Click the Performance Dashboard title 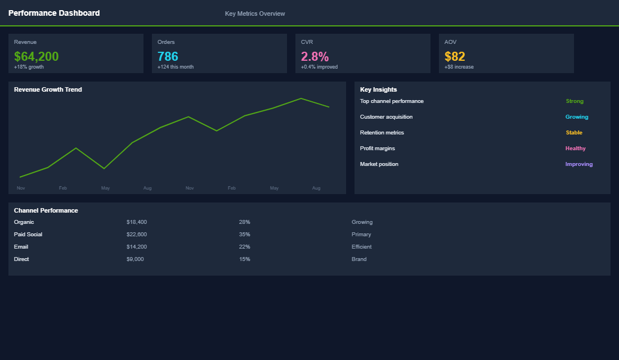tap(54, 13)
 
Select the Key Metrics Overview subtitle tap(255, 13)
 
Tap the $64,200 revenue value tap(36, 56)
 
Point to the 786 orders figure tap(168, 56)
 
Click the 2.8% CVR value tap(315, 56)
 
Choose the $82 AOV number tap(455, 56)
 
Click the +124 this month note tap(176, 67)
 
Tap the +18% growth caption tap(29, 67)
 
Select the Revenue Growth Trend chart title tap(48, 89)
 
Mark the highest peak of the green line tap(301, 98)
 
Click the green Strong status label tap(575, 101)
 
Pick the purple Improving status tap(579, 164)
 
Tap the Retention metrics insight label tap(382, 133)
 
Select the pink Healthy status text tap(576, 148)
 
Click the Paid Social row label tap(28, 235)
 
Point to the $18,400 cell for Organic tap(137, 222)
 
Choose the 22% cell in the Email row tap(244, 247)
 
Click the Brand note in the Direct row tap(359, 259)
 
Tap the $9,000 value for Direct tap(135, 259)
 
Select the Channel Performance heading tap(46, 210)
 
